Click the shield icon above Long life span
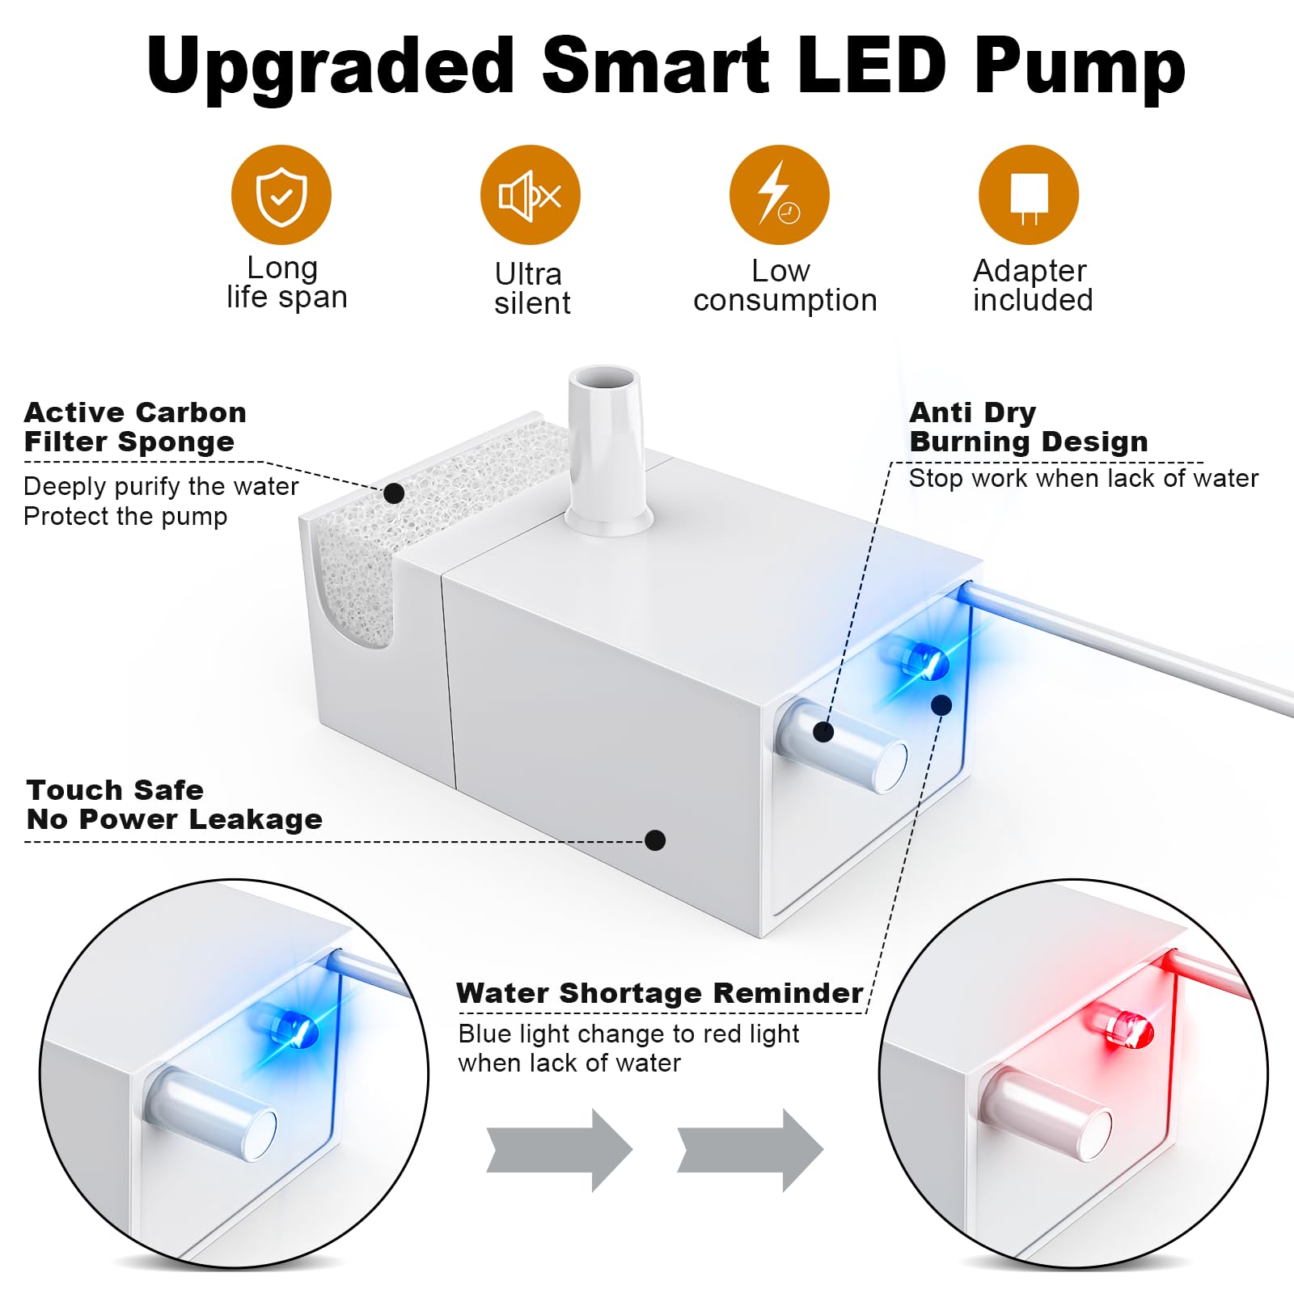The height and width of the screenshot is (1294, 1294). pyautogui.click(x=281, y=195)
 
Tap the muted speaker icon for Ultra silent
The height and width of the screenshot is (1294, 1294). pyautogui.click(x=530, y=195)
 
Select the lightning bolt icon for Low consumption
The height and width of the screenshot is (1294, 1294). pyautogui.click(x=779, y=195)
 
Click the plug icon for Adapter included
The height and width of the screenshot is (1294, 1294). pyautogui.click(x=1028, y=195)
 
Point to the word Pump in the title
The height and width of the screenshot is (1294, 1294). pyautogui.click(x=1080, y=66)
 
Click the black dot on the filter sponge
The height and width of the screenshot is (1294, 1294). pyautogui.click(x=394, y=493)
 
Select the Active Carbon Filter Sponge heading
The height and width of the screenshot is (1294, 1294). pyautogui.click(x=134, y=427)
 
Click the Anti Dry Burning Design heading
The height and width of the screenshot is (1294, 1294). pyautogui.click(x=1028, y=427)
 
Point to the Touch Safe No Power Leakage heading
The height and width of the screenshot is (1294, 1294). pyautogui.click(x=174, y=805)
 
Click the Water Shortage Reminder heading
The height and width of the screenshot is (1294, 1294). pyautogui.click(x=659, y=993)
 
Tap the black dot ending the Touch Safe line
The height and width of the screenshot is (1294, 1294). pyautogui.click(x=655, y=840)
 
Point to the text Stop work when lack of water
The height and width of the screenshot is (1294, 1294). pyautogui.click(x=1084, y=479)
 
